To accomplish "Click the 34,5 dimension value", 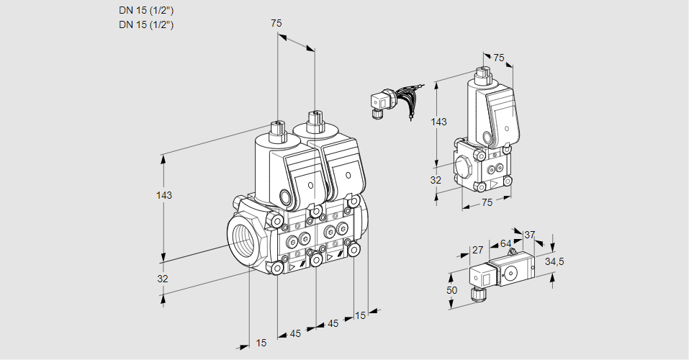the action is [554, 261].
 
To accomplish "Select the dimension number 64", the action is [505, 243].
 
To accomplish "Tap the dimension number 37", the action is [529, 235].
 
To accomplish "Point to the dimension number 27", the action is [477, 250].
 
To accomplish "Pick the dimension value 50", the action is [451, 290].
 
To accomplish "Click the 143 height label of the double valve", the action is [164, 195].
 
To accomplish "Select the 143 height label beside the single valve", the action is [438, 122].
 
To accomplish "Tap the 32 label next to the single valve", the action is [436, 180].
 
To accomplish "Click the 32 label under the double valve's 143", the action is [163, 279].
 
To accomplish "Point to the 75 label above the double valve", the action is [276, 23].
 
